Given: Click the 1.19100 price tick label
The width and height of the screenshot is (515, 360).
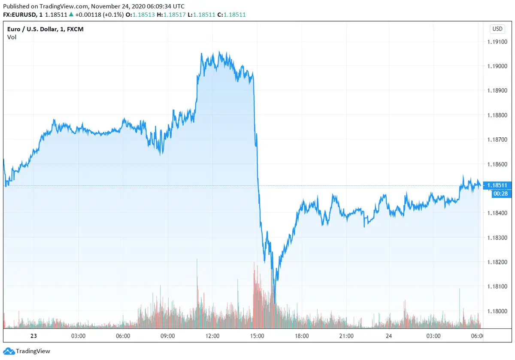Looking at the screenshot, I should (x=498, y=42).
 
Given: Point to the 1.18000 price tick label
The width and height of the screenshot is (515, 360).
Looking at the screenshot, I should (x=498, y=311).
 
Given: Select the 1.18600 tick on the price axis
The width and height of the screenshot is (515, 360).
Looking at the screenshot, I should (x=498, y=164).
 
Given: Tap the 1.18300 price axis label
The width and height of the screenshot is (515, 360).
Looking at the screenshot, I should (x=498, y=238).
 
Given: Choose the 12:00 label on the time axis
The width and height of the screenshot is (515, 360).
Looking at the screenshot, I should (x=213, y=336).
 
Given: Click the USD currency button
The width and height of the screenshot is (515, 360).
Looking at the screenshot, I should (x=497, y=29).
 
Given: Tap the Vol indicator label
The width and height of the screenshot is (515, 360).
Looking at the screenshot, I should (x=12, y=37).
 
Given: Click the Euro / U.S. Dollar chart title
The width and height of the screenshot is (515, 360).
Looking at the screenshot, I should (x=45, y=29).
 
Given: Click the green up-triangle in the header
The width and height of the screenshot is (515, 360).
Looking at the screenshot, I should (x=71, y=14).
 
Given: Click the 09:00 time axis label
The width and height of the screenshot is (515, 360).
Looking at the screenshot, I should (x=167, y=336).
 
